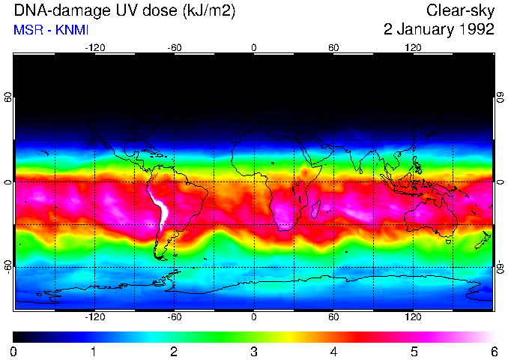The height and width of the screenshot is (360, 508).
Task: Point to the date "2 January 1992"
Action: tap(438, 30)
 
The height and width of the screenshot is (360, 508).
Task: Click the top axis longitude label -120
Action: tap(94, 47)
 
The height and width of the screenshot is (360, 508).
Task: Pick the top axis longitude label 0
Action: tap(254, 47)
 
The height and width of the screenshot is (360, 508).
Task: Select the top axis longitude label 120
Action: tap(413, 47)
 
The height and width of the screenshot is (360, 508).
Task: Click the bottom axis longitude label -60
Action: tap(175, 316)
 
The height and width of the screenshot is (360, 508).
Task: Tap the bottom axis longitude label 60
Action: tap(333, 316)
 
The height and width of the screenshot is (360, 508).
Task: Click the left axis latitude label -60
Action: tap(8, 266)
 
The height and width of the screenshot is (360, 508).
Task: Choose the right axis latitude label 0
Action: tap(500, 182)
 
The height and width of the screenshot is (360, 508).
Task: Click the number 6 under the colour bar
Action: tap(493, 351)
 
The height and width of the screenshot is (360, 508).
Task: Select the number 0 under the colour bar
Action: tap(14, 351)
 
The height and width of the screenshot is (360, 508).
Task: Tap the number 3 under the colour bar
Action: tap(254, 351)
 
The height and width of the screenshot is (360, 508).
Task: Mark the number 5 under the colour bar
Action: tap(414, 351)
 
